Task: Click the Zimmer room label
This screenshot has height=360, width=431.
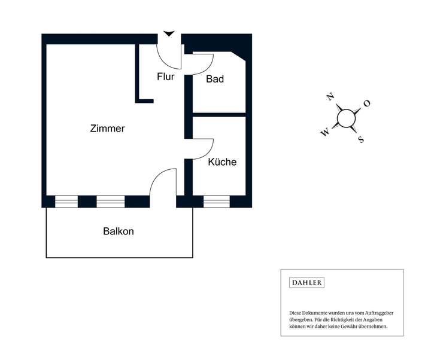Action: tap(107, 129)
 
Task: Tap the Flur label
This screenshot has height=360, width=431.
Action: tap(166, 77)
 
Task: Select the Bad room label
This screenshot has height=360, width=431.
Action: tap(215, 79)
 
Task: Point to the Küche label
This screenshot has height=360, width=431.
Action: tap(222, 162)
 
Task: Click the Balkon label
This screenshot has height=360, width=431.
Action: tap(118, 231)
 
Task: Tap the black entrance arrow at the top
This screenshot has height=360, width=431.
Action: tap(169, 34)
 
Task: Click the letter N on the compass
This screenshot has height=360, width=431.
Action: tap(330, 97)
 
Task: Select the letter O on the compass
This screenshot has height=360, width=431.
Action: tap(367, 103)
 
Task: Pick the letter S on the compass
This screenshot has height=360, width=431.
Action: tap(360, 140)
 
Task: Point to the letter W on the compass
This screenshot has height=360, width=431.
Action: tap(324, 133)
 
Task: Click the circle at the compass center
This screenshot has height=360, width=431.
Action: tap(346, 118)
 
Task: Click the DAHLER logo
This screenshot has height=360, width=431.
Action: tap(306, 283)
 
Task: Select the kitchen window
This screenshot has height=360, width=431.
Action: tap(217, 202)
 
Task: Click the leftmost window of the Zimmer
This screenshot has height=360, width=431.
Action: tap(66, 202)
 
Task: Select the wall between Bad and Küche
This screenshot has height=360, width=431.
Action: tap(219, 114)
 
